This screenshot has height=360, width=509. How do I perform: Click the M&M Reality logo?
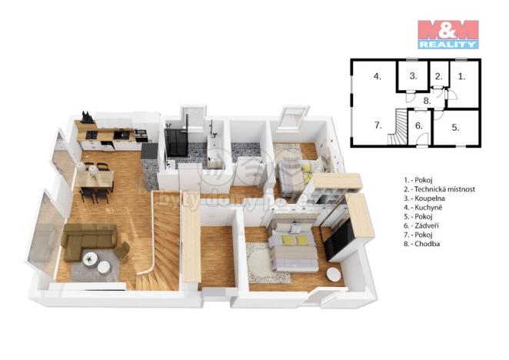click(x=447, y=34)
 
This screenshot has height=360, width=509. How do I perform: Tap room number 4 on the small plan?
click(x=378, y=76)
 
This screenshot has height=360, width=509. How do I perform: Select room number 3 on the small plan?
click(x=413, y=75)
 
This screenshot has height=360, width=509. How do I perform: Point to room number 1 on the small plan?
click(x=461, y=75)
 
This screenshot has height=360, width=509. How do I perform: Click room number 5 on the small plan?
click(x=455, y=127)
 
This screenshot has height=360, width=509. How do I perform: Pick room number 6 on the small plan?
click(x=419, y=125)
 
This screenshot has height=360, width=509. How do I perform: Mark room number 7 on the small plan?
click(x=378, y=124)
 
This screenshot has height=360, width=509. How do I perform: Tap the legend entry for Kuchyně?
click(x=423, y=207)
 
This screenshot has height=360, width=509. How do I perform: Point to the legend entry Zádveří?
click(x=422, y=225)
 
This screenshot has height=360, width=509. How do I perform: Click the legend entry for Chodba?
click(x=422, y=244)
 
